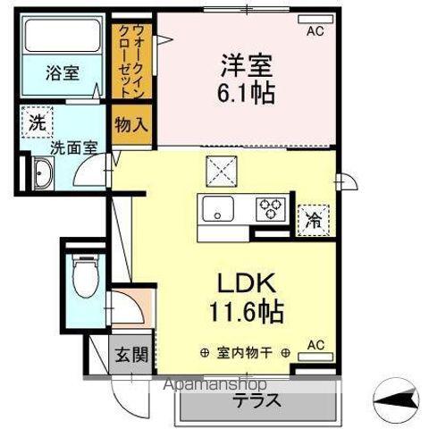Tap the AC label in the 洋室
coord(315,31)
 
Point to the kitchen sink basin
coord(218,211)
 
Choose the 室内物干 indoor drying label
coord(248,351)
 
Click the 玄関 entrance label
coord(126,352)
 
